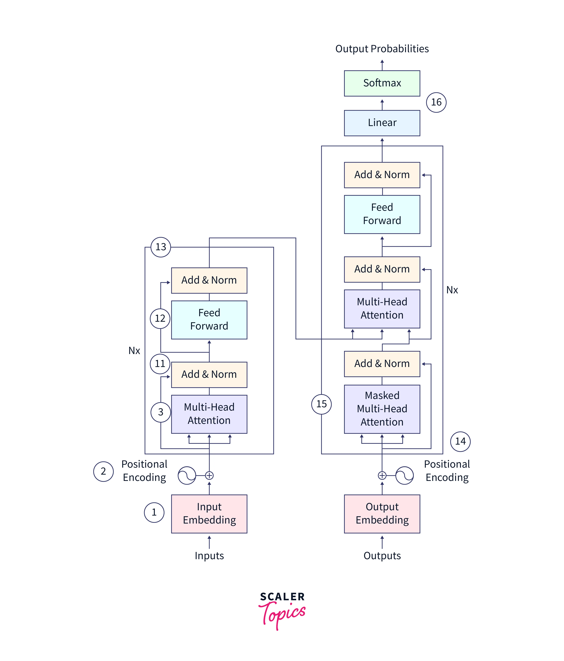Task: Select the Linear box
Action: coord(382,123)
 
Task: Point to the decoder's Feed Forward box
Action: coord(382,214)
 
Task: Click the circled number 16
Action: coord(436,102)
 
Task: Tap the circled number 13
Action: coord(161,247)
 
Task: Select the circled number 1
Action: coord(154,512)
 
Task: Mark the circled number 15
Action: coord(321,404)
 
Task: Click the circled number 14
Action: coord(460,441)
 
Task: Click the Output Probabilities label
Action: coord(382,49)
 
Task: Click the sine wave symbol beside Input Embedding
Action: coord(187,475)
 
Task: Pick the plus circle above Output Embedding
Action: coord(382,475)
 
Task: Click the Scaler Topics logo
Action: coord(282,609)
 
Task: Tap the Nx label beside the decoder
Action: coord(452,290)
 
